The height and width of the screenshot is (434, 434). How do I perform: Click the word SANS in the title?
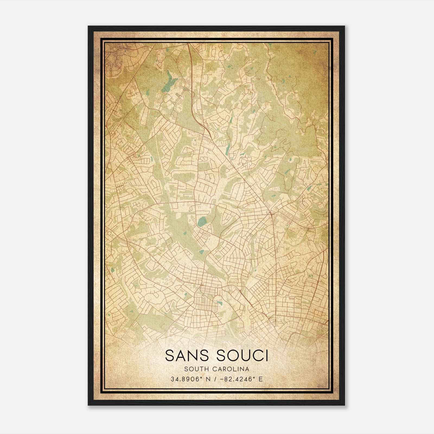[x=184, y=355]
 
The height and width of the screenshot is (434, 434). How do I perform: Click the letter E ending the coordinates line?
[x=261, y=379]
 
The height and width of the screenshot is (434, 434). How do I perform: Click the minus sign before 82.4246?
[x=223, y=379]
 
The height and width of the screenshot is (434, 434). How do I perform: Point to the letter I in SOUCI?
[x=266, y=355]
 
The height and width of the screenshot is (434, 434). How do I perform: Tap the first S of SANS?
[x=169, y=355]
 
